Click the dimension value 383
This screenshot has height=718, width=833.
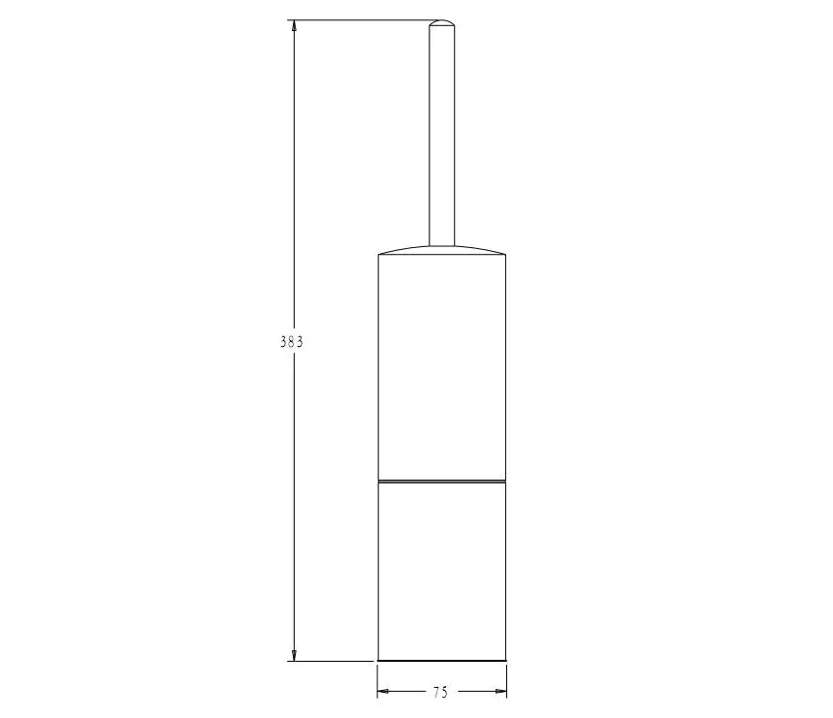click(x=291, y=342)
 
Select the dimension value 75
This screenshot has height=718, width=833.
click(x=440, y=692)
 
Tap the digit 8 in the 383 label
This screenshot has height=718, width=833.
click(x=291, y=342)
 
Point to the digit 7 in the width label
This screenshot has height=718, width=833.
click(x=436, y=692)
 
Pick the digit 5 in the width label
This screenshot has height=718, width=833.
click(x=445, y=692)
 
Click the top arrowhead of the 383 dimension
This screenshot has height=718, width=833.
click(x=294, y=26)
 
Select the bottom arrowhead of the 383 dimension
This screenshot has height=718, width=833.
click(x=294, y=655)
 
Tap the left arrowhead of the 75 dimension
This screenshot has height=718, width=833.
click(x=384, y=691)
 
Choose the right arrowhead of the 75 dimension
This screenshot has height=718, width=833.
click(x=500, y=691)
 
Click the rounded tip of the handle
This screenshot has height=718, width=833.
click(x=442, y=23)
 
